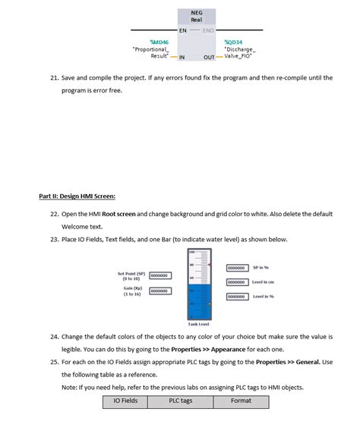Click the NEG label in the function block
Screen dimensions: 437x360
(196, 12)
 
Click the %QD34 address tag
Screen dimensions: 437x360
(234, 42)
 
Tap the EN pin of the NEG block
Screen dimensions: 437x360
(183, 30)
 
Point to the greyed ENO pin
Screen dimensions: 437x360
(208, 30)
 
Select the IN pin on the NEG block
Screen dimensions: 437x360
(182, 57)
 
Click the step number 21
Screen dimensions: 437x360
(55, 78)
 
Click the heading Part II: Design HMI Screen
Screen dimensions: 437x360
(77, 195)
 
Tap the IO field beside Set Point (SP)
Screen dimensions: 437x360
(159, 275)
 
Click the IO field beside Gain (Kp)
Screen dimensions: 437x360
(159, 291)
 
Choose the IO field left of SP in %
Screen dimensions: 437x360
(237, 268)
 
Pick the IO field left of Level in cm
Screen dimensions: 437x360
(237, 282)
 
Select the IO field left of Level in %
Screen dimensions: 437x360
(237, 297)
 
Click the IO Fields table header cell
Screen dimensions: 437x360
(125, 401)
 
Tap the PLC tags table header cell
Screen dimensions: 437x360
(181, 401)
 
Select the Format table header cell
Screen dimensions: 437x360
(241, 401)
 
